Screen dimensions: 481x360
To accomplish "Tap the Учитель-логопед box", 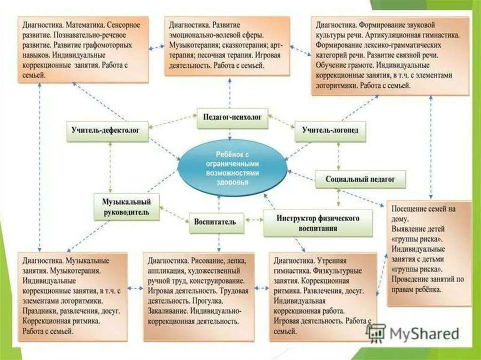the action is (330, 130).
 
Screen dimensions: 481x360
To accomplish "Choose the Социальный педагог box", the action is (361, 179).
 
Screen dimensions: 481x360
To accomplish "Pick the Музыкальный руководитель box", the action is (126, 207).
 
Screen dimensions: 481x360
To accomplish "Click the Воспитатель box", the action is (216, 222).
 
